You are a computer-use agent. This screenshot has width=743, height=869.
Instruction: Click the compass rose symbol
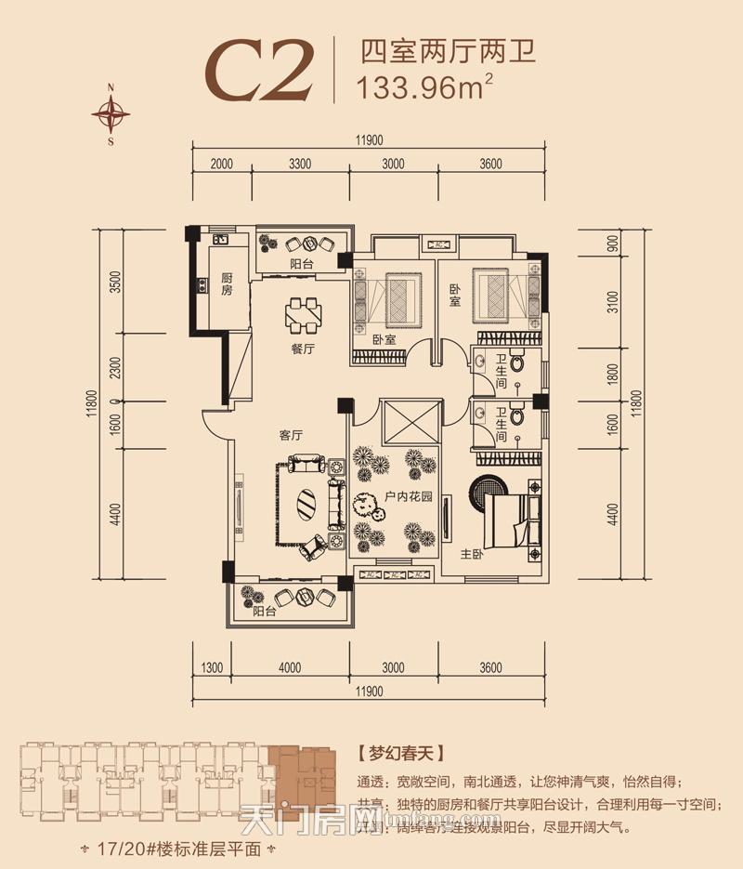pos(111,114)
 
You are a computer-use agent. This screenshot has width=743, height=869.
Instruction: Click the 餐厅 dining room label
pos(303,349)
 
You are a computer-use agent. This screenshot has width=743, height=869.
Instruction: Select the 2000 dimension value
pos(221,165)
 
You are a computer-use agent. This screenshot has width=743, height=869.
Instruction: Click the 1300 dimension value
pos(212,666)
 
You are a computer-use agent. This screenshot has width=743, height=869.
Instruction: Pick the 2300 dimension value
pos(115,365)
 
